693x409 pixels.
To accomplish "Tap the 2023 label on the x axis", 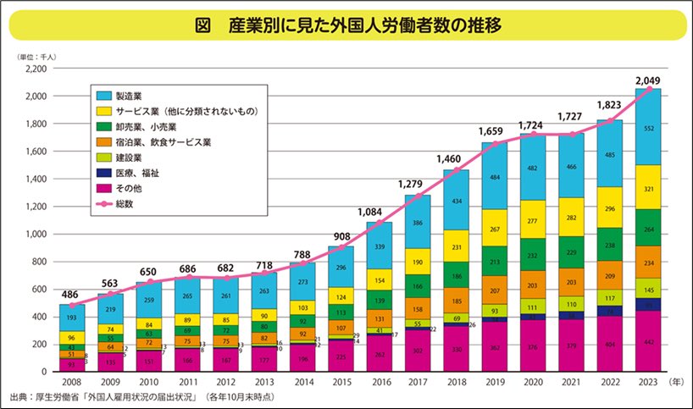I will tap(648, 382).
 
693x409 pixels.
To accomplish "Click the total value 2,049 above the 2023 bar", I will tap(648, 81).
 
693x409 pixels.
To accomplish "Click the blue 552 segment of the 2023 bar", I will tap(648, 127).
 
